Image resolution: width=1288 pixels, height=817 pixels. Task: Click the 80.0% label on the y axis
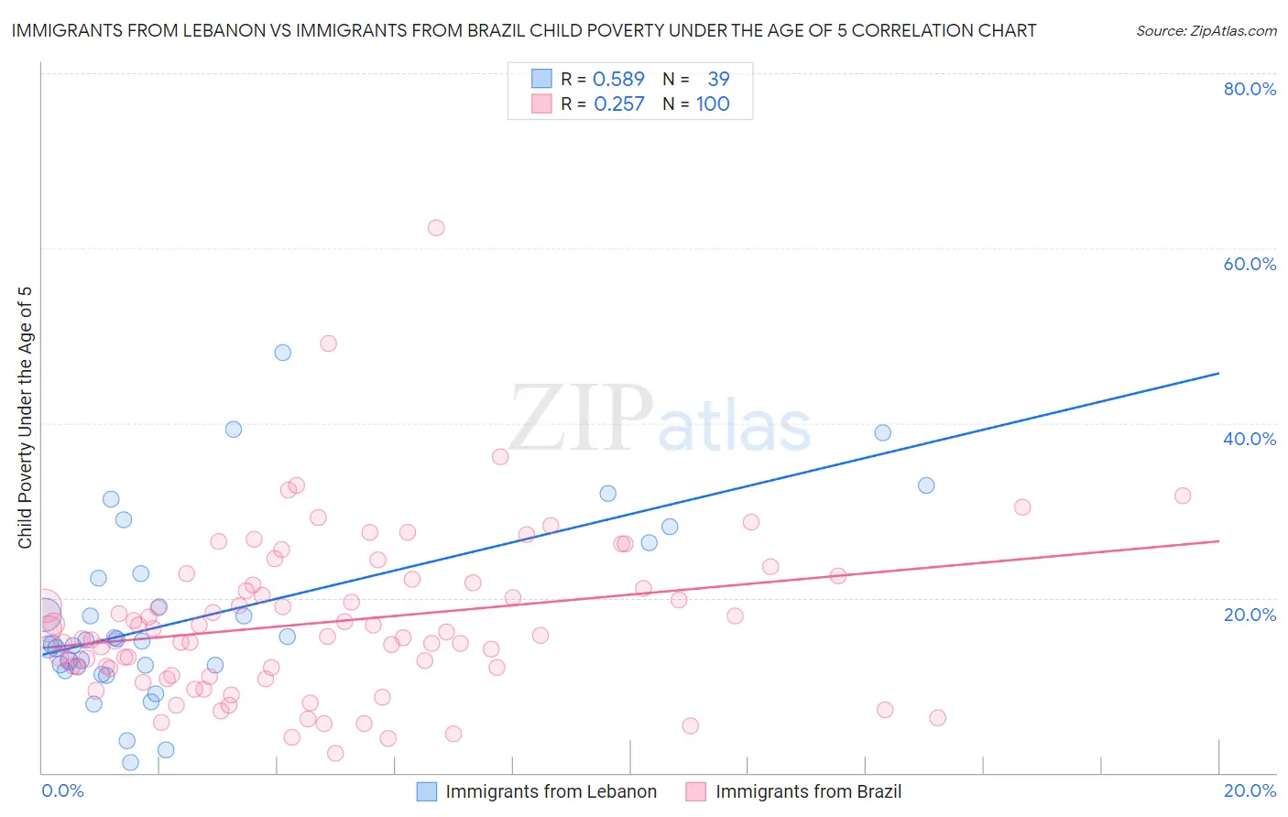tap(1250, 89)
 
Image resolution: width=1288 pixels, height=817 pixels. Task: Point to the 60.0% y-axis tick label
tap(1250, 264)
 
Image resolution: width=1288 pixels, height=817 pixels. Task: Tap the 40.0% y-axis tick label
tap(1250, 439)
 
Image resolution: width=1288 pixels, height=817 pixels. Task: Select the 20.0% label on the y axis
tap(1250, 614)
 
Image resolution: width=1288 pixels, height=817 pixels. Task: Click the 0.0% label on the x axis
tap(62, 790)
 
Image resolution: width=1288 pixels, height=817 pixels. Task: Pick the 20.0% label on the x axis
tap(1250, 790)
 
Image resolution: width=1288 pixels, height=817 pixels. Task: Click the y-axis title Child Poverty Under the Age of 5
tap(25, 418)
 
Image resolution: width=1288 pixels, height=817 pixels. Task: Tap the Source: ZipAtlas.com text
tap(1206, 30)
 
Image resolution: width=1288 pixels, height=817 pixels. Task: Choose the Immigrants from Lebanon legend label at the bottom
tap(551, 791)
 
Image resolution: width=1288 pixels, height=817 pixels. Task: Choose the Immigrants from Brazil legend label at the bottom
tap(808, 791)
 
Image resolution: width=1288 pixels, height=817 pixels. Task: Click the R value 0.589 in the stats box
tap(618, 79)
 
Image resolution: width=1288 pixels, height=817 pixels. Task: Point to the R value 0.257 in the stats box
tap(618, 103)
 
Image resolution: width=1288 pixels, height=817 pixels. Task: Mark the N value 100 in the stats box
tap(713, 103)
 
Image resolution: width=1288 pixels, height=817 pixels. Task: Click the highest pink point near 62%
tap(436, 228)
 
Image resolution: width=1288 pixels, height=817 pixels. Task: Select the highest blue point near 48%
tap(283, 353)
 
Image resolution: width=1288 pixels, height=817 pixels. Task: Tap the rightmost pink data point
tap(1183, 496)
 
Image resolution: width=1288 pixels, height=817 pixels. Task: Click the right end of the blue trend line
tap(1218, 373)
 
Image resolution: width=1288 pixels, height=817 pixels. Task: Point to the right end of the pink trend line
tap(1218, 541)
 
